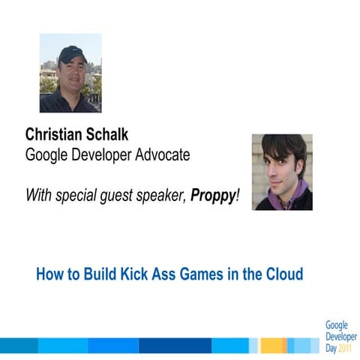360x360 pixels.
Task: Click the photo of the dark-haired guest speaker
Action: [282, 172]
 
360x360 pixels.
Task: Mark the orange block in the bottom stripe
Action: [272, 345]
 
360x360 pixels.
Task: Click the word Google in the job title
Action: [46, 156]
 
